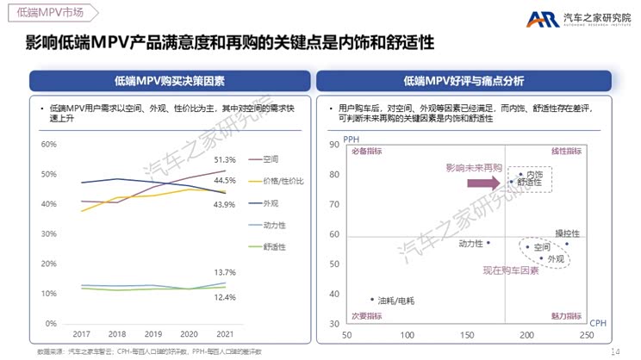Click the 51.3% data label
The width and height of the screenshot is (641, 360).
click(224, 160)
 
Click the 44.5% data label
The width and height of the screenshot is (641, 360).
click(224, 181)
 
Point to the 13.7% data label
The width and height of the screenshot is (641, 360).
click(224, 272)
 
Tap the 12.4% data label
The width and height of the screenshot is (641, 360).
click(224, 297)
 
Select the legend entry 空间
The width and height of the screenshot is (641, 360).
click(270, 159)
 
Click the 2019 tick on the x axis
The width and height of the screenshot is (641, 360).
click(152, 333)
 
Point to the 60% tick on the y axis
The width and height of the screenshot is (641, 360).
click(49, 144)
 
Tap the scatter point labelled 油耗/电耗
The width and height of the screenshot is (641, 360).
click(372, 300)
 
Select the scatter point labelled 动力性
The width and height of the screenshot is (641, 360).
click(489, 243)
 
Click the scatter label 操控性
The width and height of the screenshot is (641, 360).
click(567, 233)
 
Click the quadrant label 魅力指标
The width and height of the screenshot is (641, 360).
click(567, 316)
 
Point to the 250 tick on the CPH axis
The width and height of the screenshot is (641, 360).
click(586, 334)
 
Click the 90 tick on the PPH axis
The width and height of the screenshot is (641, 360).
click(333, 144)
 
